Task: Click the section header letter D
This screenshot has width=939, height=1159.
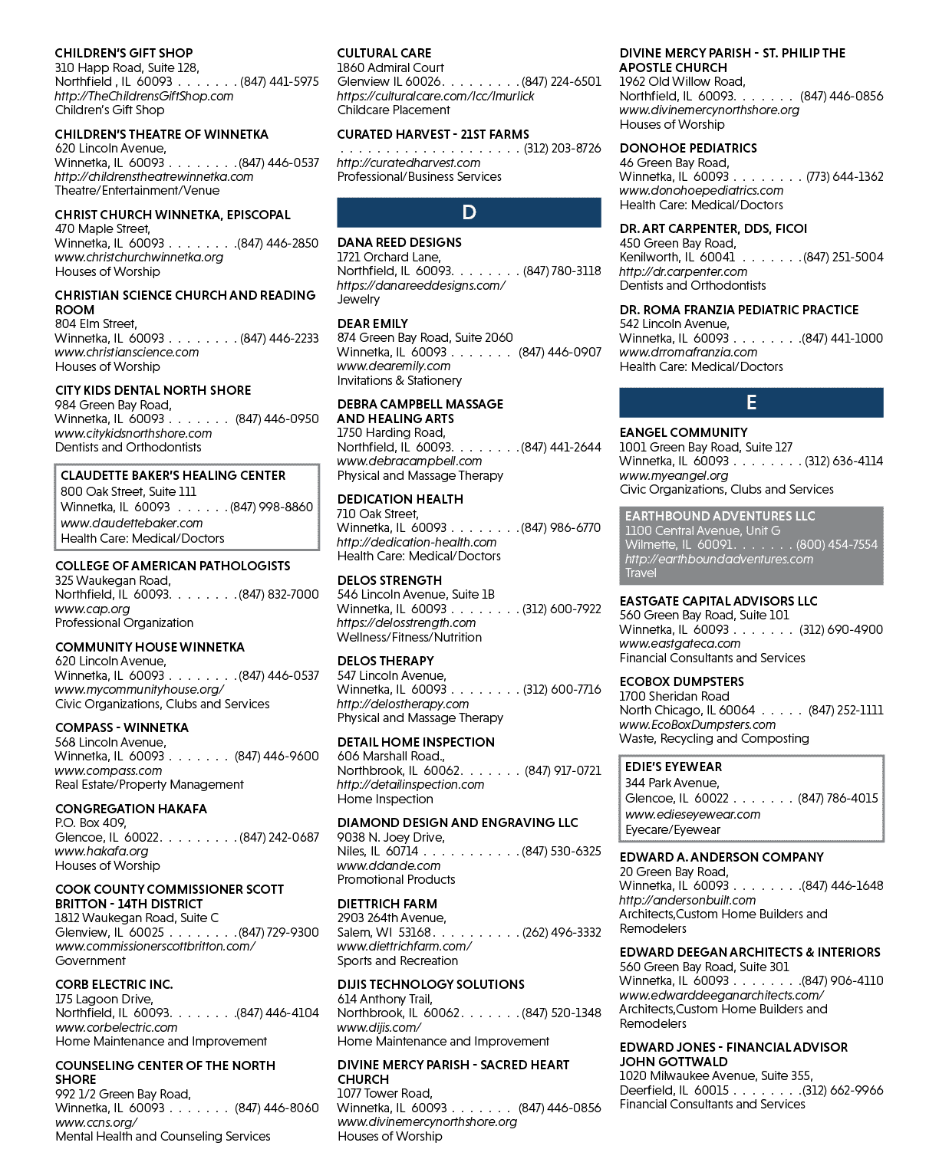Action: click(x=469, y=212)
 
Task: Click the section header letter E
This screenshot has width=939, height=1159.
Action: click(x=751, y=402)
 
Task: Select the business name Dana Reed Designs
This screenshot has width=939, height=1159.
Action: click(x=399, y=243)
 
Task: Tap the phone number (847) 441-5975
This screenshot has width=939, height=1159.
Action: click(x=279, y=81)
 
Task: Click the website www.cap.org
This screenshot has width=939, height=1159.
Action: click(x=92, y=609)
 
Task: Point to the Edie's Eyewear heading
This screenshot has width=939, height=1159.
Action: click(x=674, y=767)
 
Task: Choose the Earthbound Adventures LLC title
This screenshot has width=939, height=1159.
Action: click(x=720, y=516)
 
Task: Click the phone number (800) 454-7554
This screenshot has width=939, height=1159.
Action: click(x=837, y=545)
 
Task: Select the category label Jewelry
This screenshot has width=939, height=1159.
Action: click(x=358, y=299)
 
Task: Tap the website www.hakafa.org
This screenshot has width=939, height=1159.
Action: click(x=101, y=851)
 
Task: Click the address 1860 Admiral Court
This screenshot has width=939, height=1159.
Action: click(x=390, y=67)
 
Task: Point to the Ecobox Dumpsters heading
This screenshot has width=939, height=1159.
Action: click(x=681, y=681)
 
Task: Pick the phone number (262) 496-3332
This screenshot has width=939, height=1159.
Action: click(x=562, y=932)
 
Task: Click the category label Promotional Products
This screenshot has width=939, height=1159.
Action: click(x=396, y=879)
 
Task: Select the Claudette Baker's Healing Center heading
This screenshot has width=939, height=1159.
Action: click(x=173, y=475)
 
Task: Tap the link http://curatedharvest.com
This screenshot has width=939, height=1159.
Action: click(x=408, y=163)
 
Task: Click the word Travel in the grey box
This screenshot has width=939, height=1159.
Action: click(x=641, y=573)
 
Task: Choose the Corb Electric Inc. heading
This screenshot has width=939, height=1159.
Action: click(x=114, y=984)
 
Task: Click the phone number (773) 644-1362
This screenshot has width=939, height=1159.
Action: click(x=845, y=177)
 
